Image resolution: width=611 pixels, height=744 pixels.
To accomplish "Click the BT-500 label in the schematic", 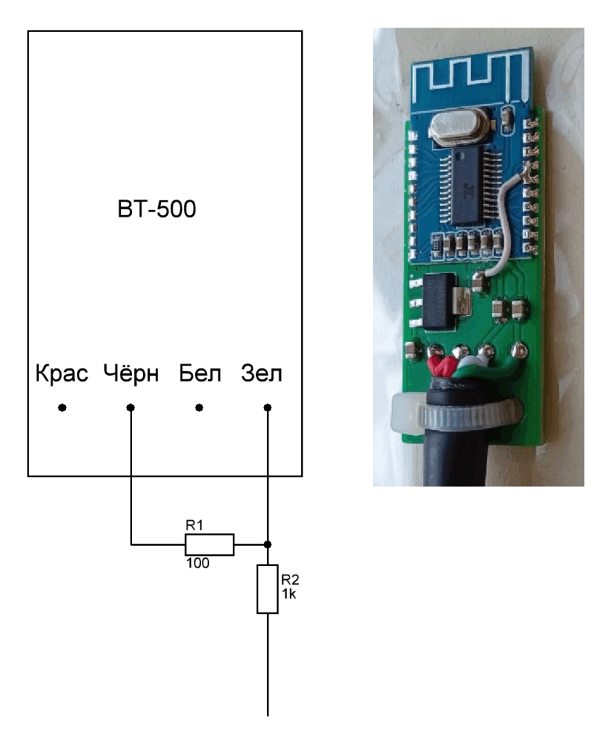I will [x=164, y=211].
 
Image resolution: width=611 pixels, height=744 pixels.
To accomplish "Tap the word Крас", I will [x=62, y=375].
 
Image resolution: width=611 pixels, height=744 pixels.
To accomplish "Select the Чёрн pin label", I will [x=131, y=375].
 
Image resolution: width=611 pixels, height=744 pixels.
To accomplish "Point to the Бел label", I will [x=198, y=375].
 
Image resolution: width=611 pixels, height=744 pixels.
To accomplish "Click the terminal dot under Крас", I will [x=62, y=408].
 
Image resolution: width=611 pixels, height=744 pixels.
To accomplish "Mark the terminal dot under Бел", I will [x=199, y=408].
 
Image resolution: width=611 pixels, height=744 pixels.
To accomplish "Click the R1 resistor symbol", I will [x=209, y=544].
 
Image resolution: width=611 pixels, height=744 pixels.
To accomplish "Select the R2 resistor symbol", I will [x=268, y=589].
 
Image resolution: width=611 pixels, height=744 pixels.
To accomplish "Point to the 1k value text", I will [x=289, y=593].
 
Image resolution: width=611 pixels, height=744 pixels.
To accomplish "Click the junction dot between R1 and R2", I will [x=268, y=544].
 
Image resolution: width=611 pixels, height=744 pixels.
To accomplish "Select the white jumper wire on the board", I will [x=506, y=218].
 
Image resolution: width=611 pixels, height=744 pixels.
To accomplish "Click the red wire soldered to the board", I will [x=440, y=367].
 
